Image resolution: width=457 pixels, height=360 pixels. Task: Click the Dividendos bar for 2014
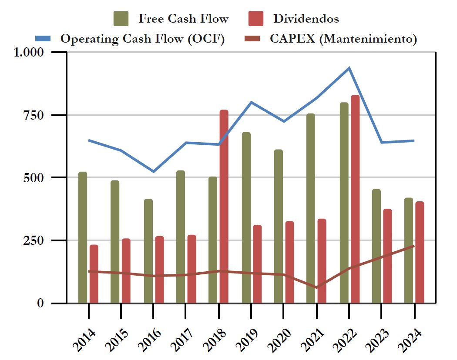pyautogui.click(x=94, y=274)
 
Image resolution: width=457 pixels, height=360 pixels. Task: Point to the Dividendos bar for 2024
pyautogui.click(x=420, y=252)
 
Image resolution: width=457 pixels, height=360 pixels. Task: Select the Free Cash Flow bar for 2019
pyautogui.click(x=246, y=217)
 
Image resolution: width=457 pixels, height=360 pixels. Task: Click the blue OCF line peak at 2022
pyautogui.click(x=349, y=68)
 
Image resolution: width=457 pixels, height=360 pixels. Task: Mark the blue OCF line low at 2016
pyautogui.click(x=154, y=171)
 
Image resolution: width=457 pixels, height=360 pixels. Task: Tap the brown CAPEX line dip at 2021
pyautogui.click(x=316, y=287)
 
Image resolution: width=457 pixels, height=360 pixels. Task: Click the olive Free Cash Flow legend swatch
pyautogui.click(x=121, y=19)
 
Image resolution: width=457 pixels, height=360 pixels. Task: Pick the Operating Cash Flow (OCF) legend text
pyautogui.click(x=142, y=39)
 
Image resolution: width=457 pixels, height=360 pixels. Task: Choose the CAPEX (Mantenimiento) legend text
pyautogui.click(x=343, y=39)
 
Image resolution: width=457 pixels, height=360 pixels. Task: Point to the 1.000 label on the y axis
pyautogui.click(x=29, y=52)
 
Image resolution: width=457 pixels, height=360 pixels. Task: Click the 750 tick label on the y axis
pyautogui.click(x=34, y=115)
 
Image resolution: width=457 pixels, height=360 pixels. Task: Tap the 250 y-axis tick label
pyautogui.click(x=34, y=240)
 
